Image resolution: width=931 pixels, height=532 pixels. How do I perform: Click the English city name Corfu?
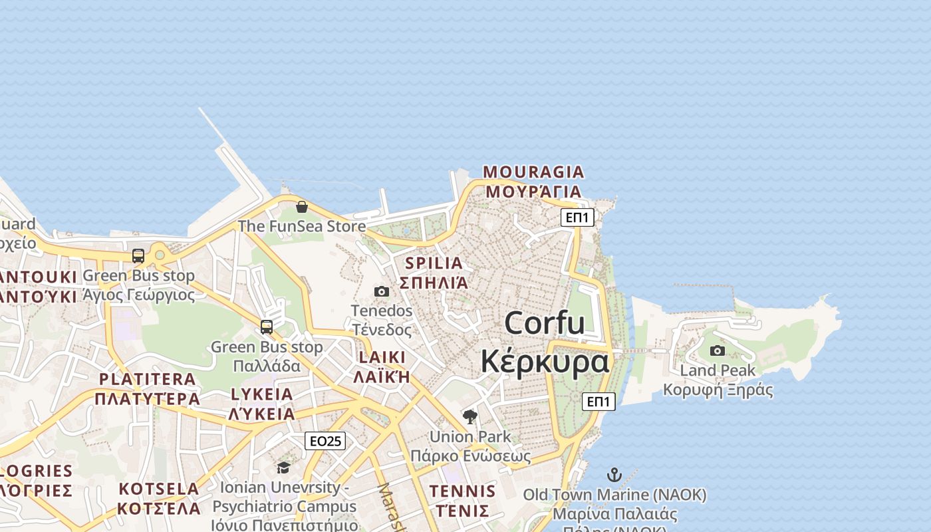545,323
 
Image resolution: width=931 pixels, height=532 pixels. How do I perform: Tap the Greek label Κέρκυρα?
545,361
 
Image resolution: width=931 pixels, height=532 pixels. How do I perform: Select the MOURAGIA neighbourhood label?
533,172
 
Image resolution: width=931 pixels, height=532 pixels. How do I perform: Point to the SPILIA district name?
434,263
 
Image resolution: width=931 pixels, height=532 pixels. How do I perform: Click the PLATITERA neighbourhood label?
148,380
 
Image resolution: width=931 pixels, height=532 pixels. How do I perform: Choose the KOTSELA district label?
159,489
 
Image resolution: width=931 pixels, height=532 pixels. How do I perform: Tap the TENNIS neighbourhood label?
463,492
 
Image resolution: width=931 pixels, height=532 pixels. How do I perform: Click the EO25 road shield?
325,440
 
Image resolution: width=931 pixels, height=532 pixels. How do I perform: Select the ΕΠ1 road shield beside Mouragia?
577,217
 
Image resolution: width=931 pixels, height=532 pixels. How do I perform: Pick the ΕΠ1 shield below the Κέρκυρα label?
598,401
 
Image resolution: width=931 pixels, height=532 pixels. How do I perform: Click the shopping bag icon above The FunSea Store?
302,207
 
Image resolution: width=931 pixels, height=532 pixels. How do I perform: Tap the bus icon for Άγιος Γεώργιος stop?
138,256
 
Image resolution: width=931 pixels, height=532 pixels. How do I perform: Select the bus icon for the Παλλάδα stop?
267,327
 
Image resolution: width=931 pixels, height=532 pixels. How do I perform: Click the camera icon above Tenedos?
382,291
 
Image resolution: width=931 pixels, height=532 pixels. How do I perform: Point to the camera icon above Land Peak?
718,350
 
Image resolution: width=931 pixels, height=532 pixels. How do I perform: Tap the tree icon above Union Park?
470,417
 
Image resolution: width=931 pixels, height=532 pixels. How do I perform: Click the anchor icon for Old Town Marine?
614,475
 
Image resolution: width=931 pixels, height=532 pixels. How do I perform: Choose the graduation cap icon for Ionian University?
284,468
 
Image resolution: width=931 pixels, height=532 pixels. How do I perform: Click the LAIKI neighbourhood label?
382,357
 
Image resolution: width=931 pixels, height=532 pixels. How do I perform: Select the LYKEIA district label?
262,394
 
